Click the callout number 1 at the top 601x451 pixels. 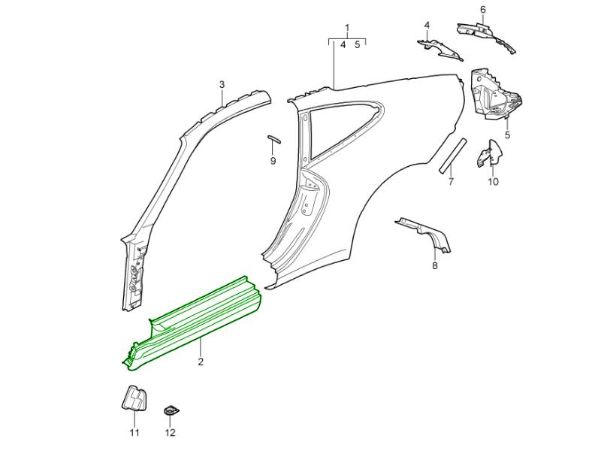point(347,29)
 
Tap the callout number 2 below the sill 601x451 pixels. point(201,362)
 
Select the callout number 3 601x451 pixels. point(222,84)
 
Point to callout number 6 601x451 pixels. point(483,10)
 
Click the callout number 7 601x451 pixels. point(451,181)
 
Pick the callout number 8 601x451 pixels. point(434,265)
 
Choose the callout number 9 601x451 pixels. point(273,161)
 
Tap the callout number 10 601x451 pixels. point(493,181)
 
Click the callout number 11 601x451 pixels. point(134,432)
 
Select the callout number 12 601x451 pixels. point(170,432)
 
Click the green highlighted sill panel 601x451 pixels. point(203,316)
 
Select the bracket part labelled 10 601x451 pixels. point(488,154)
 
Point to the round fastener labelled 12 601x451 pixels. point(171,411)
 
